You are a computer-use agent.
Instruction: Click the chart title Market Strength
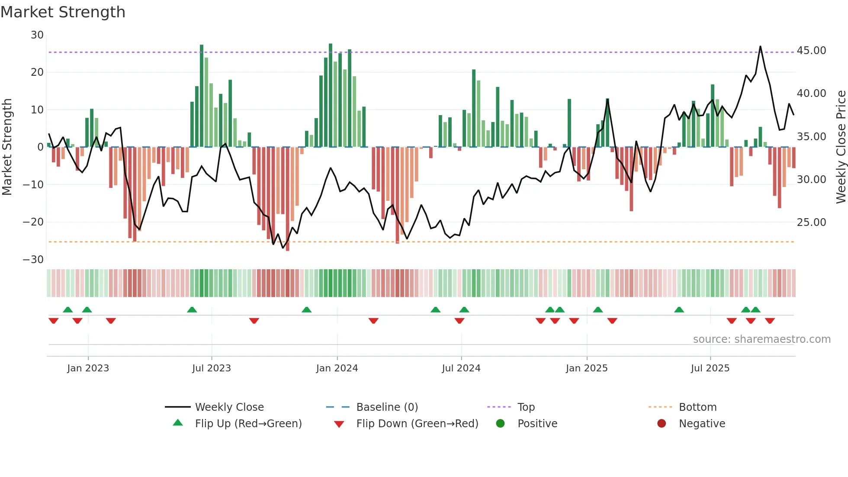point(63,12)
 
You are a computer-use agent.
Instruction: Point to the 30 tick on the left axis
point(37,35)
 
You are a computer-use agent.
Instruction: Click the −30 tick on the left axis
point(33,260)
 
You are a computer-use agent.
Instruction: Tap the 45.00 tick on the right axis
point(812,51)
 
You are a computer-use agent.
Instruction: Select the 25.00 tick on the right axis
point(812,222)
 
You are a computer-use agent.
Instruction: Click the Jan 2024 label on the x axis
point(337,368)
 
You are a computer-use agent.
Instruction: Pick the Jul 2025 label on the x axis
point(710,368)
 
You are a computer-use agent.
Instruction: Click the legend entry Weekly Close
point(229,407)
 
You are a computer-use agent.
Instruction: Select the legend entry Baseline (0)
point(387,407)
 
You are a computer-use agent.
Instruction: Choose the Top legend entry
point(526,407)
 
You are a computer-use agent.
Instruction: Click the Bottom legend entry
point(697,407)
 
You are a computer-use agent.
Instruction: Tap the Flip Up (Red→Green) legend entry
point(248,424)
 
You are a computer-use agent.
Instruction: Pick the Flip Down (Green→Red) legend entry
point(417,424)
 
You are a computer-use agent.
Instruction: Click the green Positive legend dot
point(500,424)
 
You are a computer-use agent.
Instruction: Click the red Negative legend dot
point(662,424)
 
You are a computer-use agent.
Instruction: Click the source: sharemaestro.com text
point(761,339)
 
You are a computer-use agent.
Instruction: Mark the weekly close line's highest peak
point(760,46)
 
